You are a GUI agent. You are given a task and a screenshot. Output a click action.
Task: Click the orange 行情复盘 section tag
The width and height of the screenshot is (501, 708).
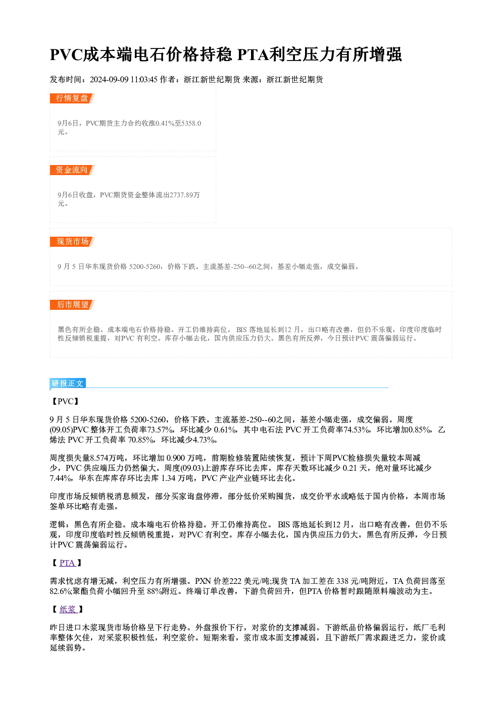click(72, 98)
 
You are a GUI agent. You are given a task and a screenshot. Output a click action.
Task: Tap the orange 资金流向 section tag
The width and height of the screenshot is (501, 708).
click(72, 170)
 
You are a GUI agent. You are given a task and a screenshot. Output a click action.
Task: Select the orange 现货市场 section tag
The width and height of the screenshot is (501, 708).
click(72, 242)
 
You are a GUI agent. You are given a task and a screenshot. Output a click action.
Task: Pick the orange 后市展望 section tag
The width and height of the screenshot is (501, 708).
click(72, 305)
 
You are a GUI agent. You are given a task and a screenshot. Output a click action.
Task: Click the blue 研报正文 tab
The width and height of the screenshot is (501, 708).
click(68, 384)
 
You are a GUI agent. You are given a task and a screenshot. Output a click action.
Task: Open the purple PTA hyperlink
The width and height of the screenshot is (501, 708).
click(67, 563)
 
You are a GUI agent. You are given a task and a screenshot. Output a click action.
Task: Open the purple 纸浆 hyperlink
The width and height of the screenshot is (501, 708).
click(68, 609)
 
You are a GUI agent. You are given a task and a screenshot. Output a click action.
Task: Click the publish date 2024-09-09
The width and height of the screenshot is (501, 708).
click(109, 79)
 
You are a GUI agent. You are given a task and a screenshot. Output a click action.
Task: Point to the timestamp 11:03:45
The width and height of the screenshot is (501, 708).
click(144, 79)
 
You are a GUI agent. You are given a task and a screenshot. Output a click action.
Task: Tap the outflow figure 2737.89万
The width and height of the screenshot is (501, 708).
click(185, 195)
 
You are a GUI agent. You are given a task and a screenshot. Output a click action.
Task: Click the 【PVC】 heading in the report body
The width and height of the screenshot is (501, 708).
click(66, 401)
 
